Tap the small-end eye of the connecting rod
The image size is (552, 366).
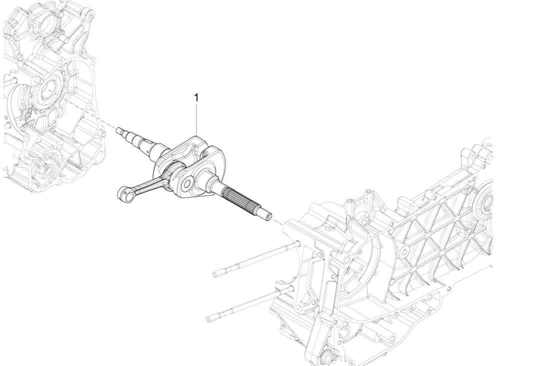coord(122,192)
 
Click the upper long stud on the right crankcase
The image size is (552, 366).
coord(255,258)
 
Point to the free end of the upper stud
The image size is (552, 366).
coord(215,274)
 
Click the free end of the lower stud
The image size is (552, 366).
coord(208,317)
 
